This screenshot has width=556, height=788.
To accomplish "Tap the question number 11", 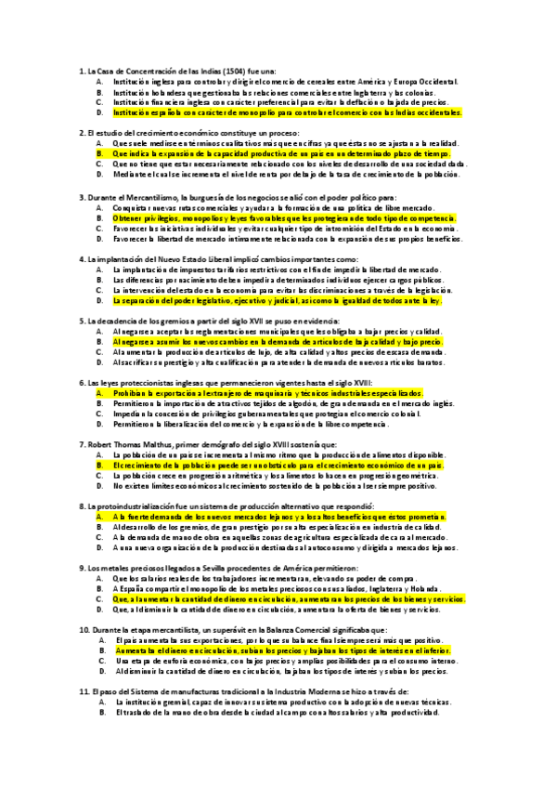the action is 82,692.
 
